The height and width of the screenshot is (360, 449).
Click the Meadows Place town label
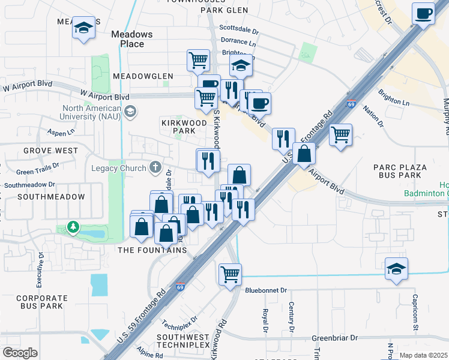click(131, 39)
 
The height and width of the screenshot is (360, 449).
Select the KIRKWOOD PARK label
click(184, 126)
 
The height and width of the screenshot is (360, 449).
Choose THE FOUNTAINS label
click(152, 250)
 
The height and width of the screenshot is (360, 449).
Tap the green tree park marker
click(73, 227)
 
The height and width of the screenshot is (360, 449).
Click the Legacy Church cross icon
click(155, 168)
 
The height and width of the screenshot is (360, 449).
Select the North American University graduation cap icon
click(130, 111)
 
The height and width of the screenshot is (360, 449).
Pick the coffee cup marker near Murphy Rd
click(423, 13)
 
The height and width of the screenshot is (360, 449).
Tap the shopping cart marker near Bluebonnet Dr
click(230, 274)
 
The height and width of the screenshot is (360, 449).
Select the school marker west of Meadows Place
click(83, 28)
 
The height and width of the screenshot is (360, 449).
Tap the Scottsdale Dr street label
click(239, 29)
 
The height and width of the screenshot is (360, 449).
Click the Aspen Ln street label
click(62, 132)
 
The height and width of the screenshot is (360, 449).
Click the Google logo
click(20, 352)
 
